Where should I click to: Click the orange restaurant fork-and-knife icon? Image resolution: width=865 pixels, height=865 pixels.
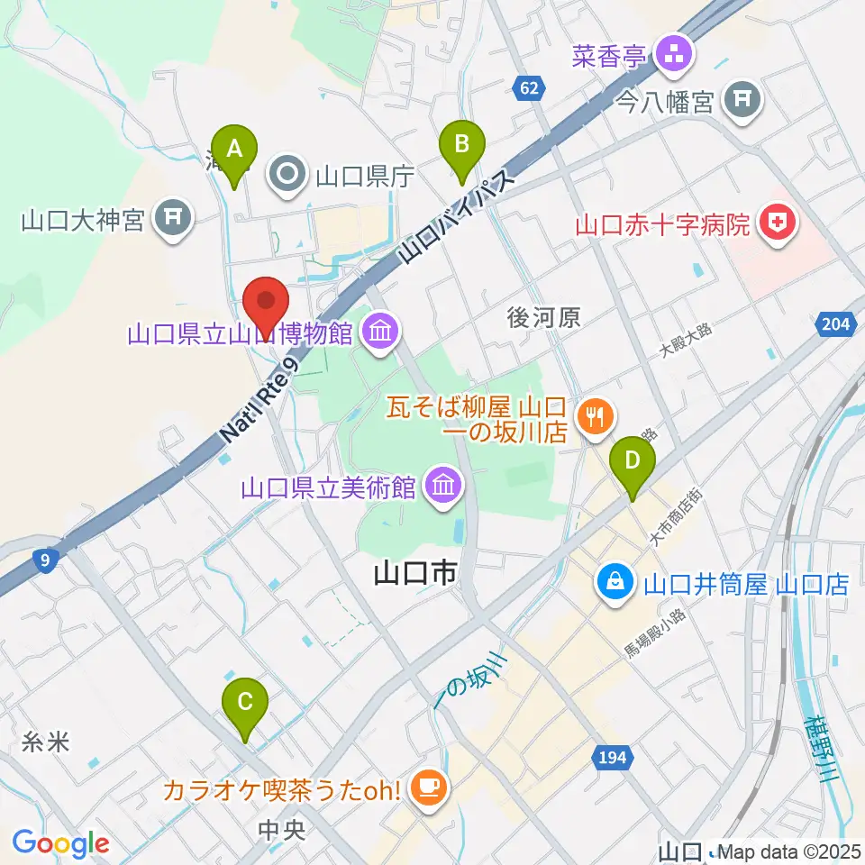point(595,417)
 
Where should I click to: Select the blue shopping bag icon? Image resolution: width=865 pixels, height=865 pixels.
point(615,584)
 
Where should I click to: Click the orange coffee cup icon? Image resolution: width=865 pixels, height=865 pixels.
point(424,788)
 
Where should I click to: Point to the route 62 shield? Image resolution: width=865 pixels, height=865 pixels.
point(529,88)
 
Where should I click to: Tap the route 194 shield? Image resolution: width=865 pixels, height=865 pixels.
point(611,758)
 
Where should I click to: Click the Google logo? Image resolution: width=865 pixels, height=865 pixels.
point(60,843)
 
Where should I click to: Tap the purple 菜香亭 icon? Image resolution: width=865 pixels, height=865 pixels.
point(672,56)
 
